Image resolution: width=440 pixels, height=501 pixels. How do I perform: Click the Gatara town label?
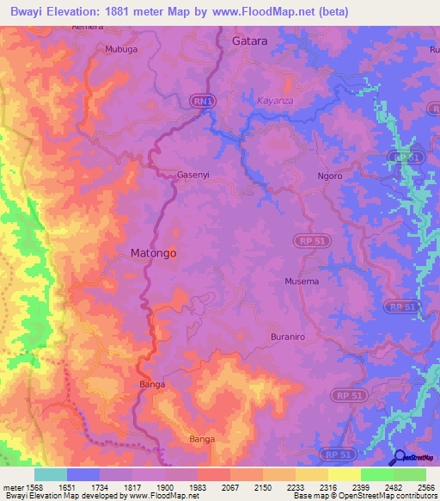[x=250, y=40]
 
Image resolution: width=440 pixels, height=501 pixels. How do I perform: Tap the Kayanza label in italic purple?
[x=277, y=101]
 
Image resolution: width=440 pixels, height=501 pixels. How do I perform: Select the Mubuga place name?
[x=120, y=50]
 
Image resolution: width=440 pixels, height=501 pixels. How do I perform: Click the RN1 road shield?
[x=201, y=101]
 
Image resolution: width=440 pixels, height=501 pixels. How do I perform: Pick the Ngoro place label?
[x=329, y=176]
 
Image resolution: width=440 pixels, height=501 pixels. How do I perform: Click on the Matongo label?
[x=153, y=254]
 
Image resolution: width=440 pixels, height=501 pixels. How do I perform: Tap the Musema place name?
[x=302, y=281]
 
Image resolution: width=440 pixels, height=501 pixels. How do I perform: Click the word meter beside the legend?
[x=10, y=487]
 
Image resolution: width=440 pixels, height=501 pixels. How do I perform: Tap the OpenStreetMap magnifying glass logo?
[x=399, y=457]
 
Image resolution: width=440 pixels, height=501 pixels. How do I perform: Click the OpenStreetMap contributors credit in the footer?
[x=391, y=497]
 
